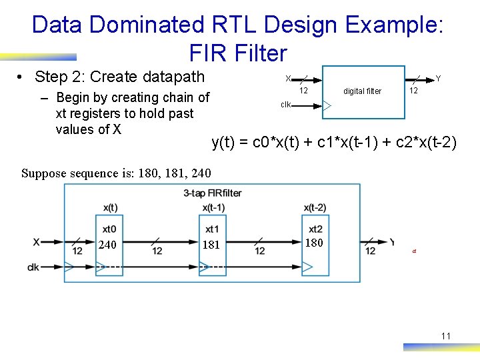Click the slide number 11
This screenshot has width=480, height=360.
445,336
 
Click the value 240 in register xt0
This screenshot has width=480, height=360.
107,245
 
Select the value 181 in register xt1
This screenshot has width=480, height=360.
211,245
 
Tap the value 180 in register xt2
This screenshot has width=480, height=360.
313,243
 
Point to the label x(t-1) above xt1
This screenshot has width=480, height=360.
213,208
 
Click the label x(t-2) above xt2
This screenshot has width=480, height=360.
315,208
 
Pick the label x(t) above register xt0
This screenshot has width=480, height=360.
110,208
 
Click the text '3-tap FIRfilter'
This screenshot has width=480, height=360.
212,193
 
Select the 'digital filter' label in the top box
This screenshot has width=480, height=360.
362,91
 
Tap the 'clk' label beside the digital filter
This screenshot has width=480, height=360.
285,105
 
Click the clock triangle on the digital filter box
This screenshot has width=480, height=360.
327,105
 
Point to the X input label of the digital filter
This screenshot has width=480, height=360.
288,79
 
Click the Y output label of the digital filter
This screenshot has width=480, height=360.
438,79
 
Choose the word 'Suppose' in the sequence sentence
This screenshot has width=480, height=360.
43,174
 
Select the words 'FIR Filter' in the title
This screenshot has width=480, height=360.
238,53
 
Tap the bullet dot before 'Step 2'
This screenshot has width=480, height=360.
22,77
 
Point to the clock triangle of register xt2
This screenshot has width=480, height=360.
307,268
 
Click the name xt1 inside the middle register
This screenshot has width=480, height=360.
213,229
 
